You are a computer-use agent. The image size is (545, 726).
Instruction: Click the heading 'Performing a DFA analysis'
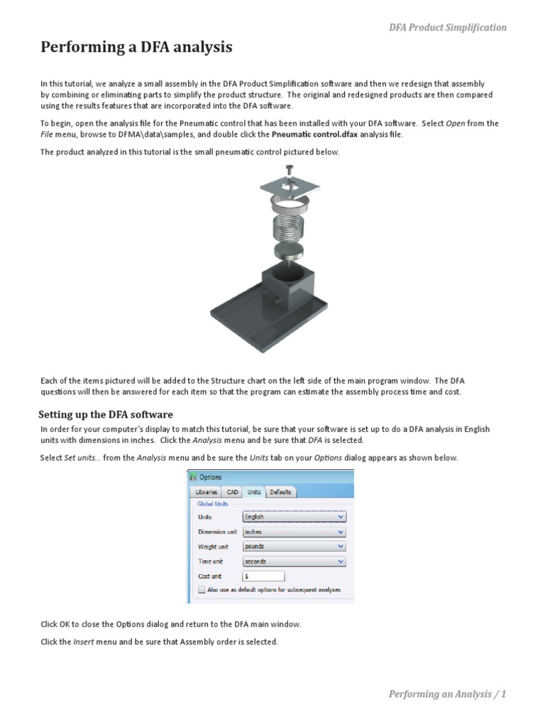click(x=136, y=48)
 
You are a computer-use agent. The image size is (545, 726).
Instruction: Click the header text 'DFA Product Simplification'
click(x=447, y=28)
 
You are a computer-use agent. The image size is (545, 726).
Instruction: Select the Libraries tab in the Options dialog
click(x=206, y=492)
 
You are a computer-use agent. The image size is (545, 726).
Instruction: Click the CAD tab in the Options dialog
click(x=232, y=492)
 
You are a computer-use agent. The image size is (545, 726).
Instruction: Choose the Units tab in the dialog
click(x=254, y=492)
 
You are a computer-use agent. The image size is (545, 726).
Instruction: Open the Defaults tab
click(x=280, y=492)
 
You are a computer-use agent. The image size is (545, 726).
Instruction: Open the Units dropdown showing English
click(x=294, y=517)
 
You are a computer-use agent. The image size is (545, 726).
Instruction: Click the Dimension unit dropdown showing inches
click(x=294, y=532)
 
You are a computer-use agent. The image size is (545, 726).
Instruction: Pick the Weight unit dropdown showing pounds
click(x=294, y=547)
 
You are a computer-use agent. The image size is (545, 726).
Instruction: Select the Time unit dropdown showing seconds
click(x=294, y=562)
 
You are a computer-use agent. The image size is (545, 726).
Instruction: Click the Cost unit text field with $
click(x=263, y=576)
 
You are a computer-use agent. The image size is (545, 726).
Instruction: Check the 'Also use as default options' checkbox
click(x=202, y=589)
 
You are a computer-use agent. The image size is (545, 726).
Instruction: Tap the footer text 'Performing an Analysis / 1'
click(x=447, y=694)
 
